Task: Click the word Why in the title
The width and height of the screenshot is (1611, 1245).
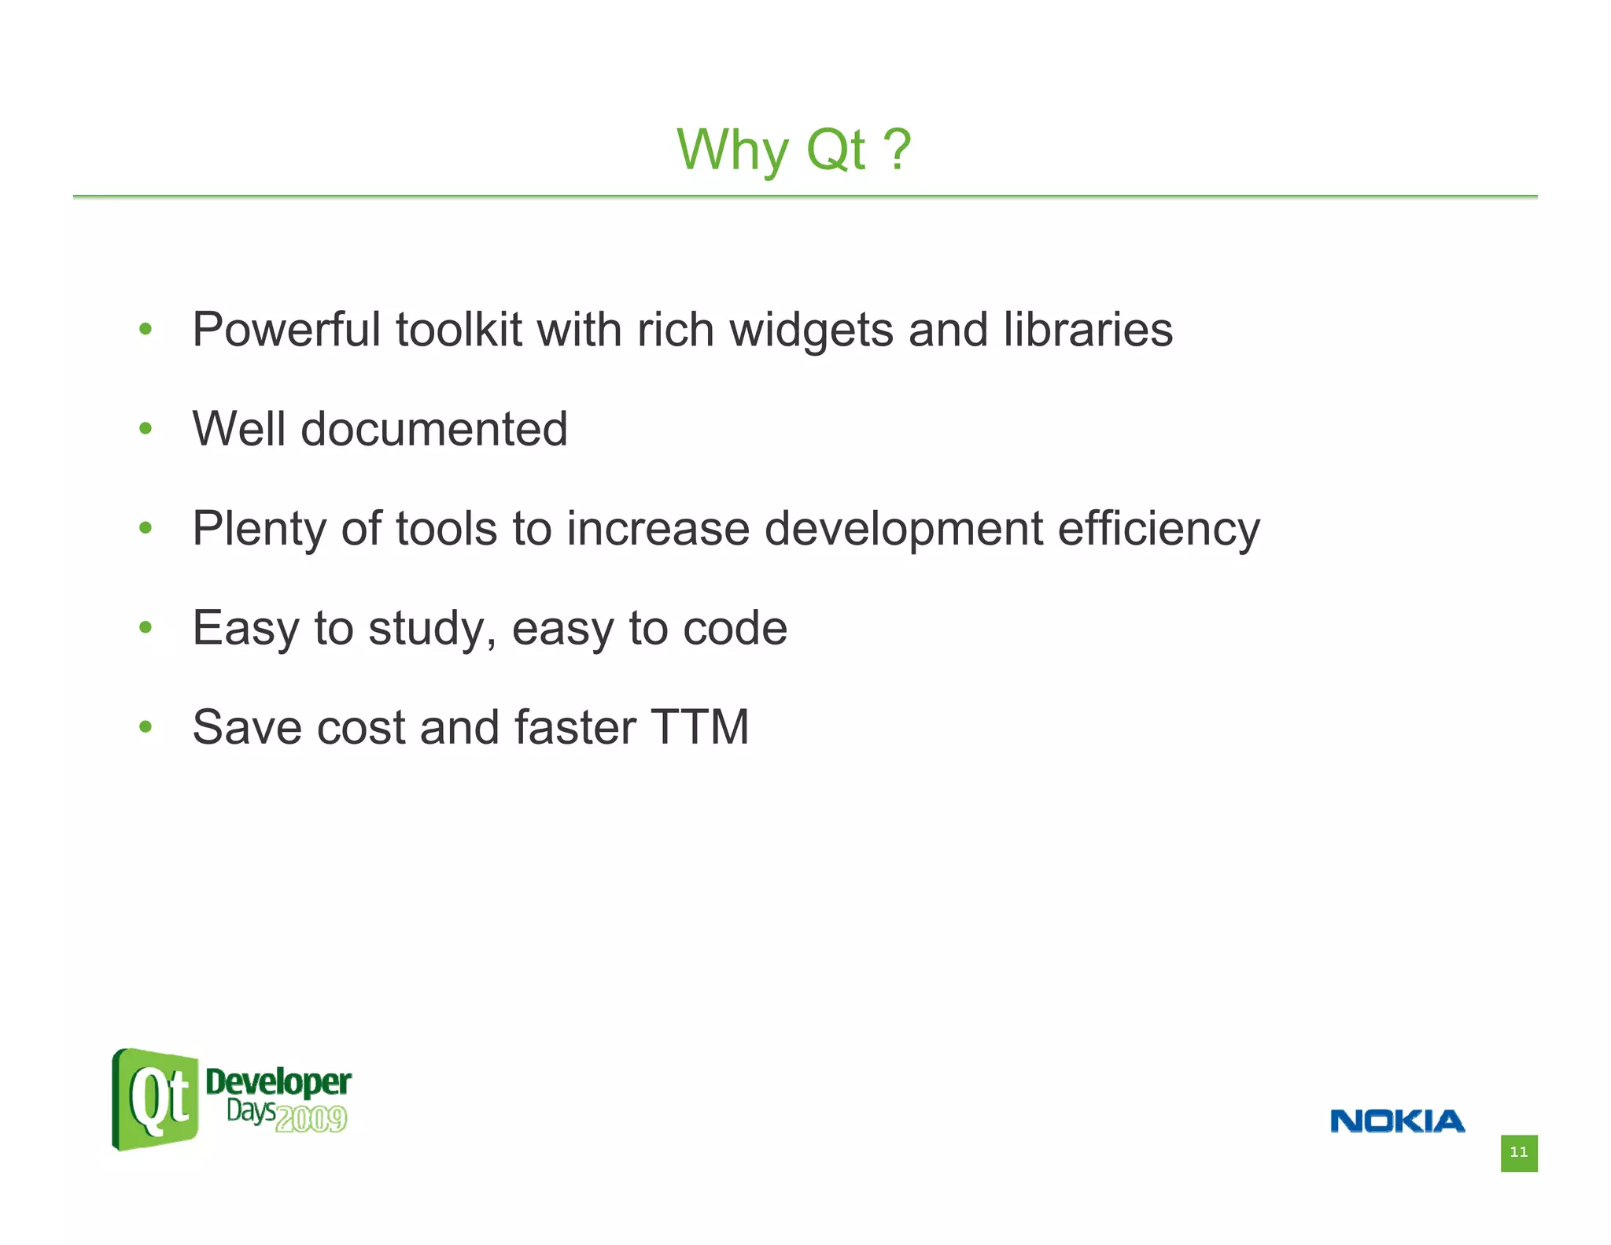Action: click(732, 150)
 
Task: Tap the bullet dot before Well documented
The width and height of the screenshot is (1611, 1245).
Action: click(145, 429)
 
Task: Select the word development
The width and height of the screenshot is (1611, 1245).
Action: click(903, 529)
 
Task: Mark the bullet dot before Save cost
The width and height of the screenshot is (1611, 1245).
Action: click(145, 726)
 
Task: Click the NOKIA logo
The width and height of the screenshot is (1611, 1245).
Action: click(1397, 1121)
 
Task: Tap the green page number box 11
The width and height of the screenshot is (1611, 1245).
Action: click(1518, 1153)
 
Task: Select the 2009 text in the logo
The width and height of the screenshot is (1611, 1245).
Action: click(312, 1119)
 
